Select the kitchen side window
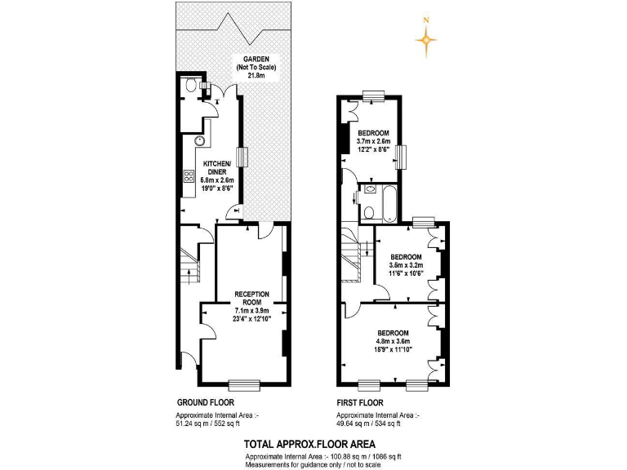pyautogui.click(x=241, y=157)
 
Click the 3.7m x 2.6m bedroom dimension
pyautogui.click(x=373, y=141)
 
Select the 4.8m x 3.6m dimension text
pyautogui.click(x=393, y=341)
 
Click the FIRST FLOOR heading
pyautogui.click(x=360, y=403)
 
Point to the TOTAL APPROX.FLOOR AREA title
pyautogui.click(x=309, y=444)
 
